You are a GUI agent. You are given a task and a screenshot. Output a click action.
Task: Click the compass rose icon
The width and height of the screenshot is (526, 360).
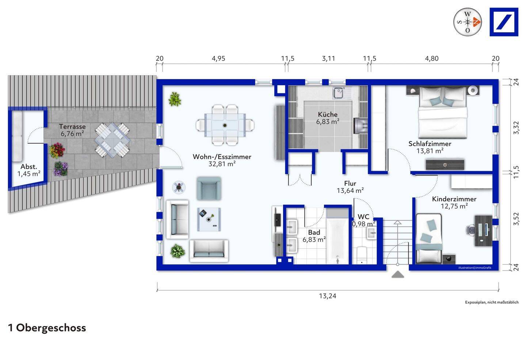pyautogui.click(x=468, y=22)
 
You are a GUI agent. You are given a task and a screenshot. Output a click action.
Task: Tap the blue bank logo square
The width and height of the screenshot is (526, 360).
pyautogui.click(x=504, y=22)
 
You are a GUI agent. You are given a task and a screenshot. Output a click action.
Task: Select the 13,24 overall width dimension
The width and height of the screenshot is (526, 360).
pyautogui.click(x=328, y=296)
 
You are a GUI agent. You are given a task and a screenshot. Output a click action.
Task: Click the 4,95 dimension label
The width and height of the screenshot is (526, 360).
pyautogui.click(x=218, y=58)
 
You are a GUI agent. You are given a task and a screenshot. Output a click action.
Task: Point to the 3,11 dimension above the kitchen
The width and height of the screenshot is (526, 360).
pyautogui.click(x=328, y=58)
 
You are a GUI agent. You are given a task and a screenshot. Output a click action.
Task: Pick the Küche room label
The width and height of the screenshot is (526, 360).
pyautogui.click(x=328, y=114)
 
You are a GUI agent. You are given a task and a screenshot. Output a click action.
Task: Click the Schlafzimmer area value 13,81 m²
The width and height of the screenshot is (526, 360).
pyautogui.click(x=430, y=151)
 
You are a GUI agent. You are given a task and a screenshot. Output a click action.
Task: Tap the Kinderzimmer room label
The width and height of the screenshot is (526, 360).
pyautogui.click(x=454, y=199)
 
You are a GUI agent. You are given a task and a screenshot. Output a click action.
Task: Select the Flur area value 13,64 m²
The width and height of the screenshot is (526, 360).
pyautogui.click(x=350, y=190)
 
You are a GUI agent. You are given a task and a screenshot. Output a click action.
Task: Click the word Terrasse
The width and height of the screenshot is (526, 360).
pyautogui.click(x=72, y=126)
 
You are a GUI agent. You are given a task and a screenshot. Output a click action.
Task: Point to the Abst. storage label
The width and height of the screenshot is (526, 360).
pyautogui.click(x=28, y=167)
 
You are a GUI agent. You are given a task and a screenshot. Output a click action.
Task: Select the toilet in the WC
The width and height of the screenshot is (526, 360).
pyautogui.click(x=362, y=255)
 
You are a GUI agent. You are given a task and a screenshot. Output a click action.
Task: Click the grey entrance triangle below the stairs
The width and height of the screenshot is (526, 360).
pyautogui.click(x=398, y=274)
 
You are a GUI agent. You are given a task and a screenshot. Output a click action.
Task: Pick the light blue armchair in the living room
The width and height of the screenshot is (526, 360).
pyautogui.click(x=209, y=189)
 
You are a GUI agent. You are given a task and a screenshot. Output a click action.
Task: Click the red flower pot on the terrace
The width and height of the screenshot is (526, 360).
pyautogui.click(x=56, y=150)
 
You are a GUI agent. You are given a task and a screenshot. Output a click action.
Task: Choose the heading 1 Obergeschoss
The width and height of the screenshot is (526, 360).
pyautogui.click(x=47, y=328)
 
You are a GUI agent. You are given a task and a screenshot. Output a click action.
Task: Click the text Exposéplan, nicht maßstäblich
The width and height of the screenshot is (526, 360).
pyautogui.click(x=492, y=302)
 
